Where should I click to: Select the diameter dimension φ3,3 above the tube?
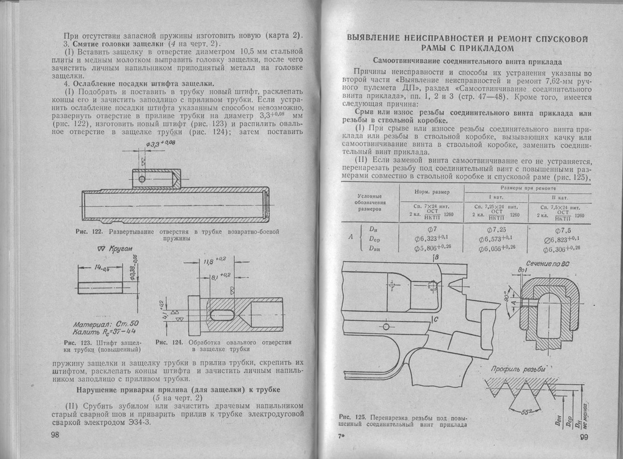(x=158, y=144)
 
